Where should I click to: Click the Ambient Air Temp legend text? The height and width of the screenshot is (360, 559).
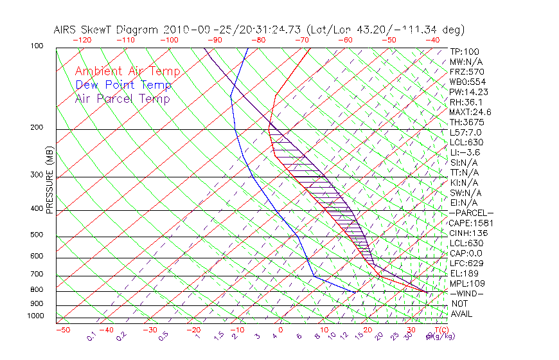tap(127, 71)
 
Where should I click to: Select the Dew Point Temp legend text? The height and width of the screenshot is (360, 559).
tap(123, 85)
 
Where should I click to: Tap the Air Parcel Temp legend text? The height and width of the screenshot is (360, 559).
tap(123, 98)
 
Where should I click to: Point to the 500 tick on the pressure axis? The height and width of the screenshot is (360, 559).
tap(37, 235)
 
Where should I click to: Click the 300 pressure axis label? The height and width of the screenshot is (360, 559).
tap(37, 175)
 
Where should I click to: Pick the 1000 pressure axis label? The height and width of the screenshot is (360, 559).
tap(35, 316)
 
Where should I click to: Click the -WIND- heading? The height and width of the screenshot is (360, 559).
tap(467, 294)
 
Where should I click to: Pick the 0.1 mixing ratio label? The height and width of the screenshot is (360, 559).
tap(91, 336)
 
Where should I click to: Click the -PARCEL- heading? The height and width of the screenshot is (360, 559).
tap(472, 213)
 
